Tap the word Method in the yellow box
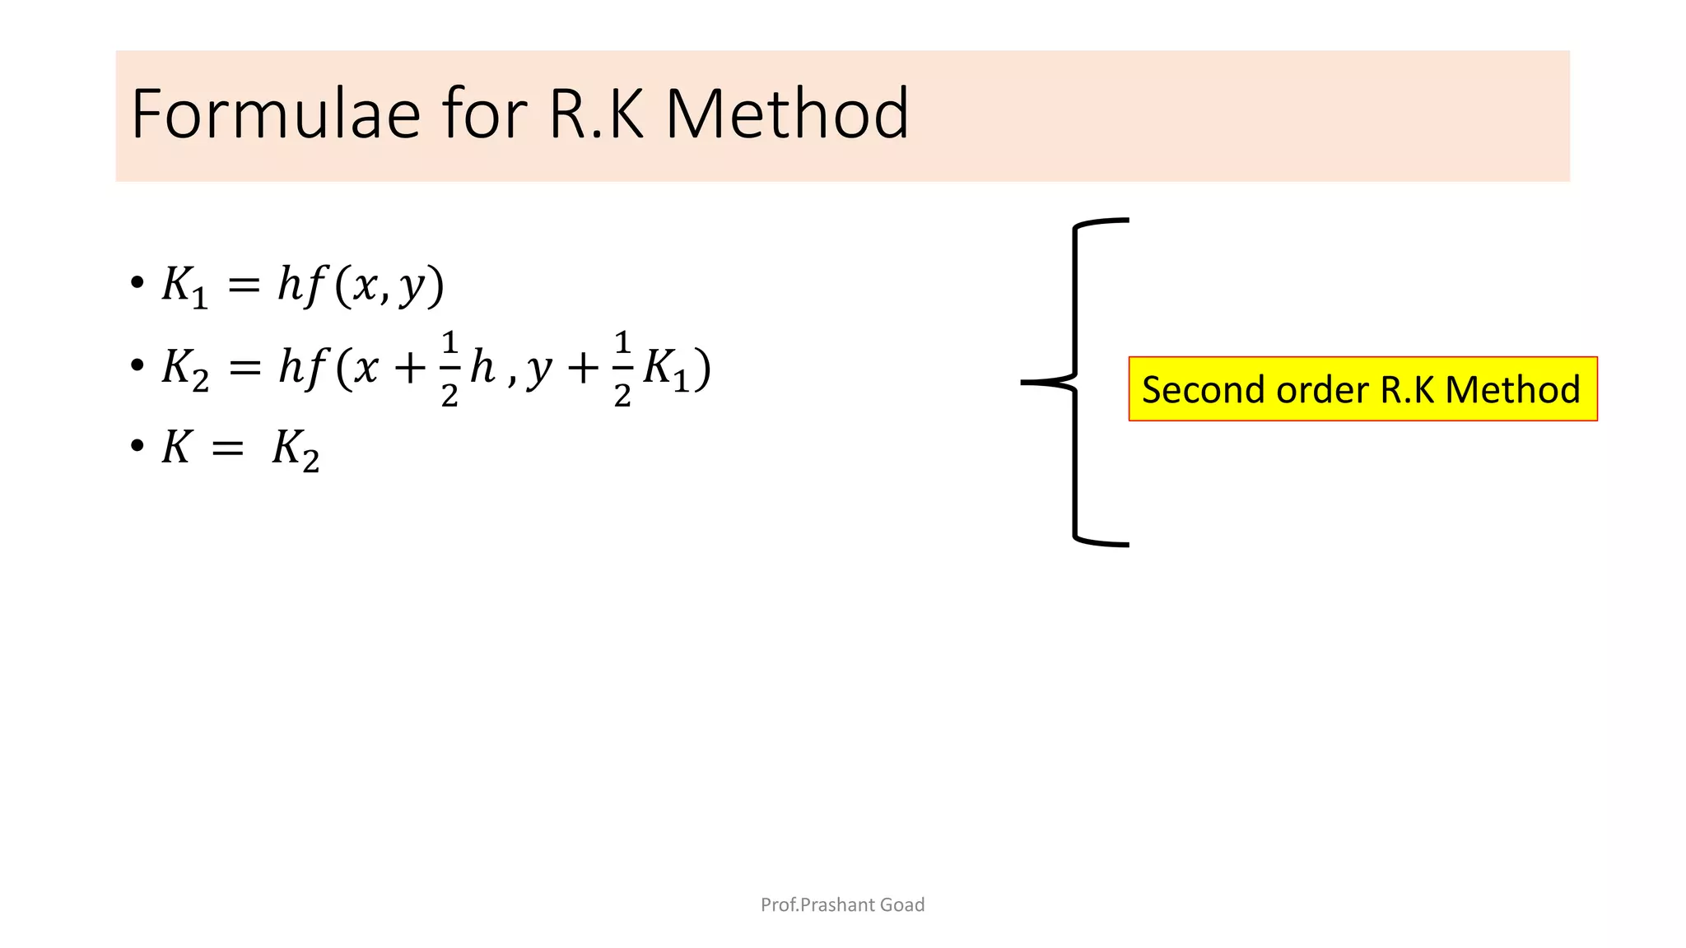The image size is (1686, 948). [x=1512, y=389]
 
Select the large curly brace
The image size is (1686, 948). [x=1075, y=382]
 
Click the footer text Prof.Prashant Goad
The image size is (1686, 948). [x=842, y=904]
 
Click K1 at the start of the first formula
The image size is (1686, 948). [x=184, y=287]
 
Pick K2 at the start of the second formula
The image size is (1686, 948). [x=185, y=369]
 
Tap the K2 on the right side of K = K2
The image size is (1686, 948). [x=295, y=451]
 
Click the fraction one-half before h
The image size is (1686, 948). [x=449, y=369]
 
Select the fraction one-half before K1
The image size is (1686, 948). [x=622, y=369]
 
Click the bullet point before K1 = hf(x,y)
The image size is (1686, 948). [x=137, y=283]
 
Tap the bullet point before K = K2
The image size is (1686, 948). [x=137, y=447]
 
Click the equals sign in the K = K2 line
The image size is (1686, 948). [x=227, y=448]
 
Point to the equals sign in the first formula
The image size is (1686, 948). [x=244, y=286]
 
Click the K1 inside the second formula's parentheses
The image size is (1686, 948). [x=665, y=369]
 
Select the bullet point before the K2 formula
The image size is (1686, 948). [x=137, y=365]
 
